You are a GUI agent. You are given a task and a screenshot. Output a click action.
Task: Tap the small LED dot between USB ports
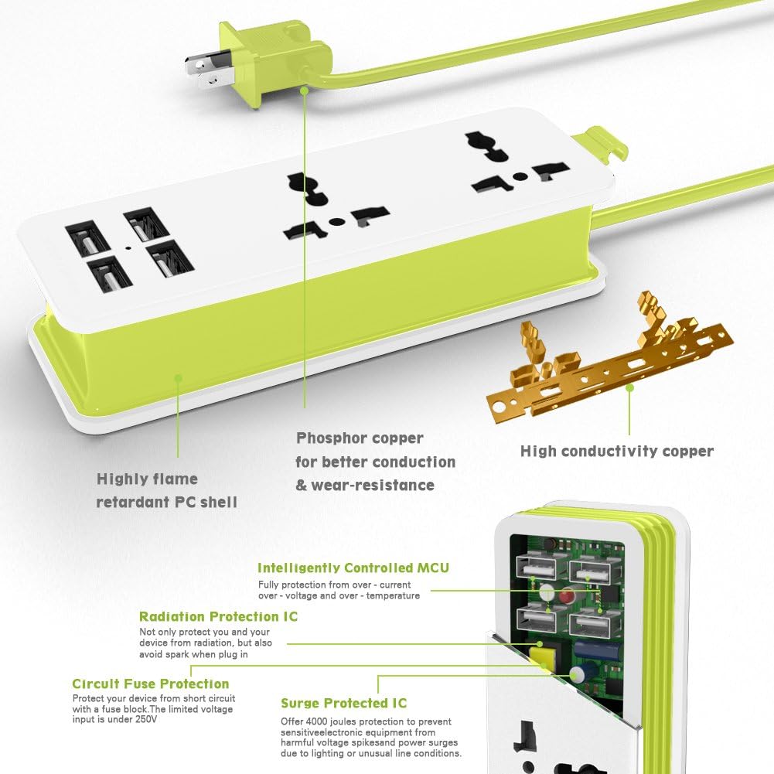[x=128, y=247]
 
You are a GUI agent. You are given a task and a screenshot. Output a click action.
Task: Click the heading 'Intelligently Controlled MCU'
[x=353, y=568]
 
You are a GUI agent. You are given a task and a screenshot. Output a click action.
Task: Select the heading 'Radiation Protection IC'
[x=218, y=616]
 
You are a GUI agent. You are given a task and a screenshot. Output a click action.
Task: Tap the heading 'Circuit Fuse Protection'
[x=151, y=684]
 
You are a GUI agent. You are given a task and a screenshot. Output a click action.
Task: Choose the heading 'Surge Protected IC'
[x=343, y=703]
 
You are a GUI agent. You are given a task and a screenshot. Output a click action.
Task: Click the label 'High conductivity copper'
[x=617, y=451]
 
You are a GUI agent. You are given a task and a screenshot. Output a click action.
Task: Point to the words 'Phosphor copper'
[x=360, y=438]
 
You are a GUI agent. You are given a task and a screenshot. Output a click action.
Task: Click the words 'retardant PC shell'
[x=167, y=503]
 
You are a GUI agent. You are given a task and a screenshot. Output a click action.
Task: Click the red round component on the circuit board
[x=568, y=596]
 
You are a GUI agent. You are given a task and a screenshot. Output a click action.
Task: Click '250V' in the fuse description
[x=146, y=719]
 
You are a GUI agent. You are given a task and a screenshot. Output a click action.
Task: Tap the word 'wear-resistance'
[x=373, y=486]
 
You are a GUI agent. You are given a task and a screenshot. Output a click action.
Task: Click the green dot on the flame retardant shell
[x=178, y=378]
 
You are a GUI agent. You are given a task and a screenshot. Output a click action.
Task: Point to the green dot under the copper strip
[x=629, y=387]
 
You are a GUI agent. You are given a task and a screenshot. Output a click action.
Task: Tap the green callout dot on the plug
[x=305, y=90]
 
